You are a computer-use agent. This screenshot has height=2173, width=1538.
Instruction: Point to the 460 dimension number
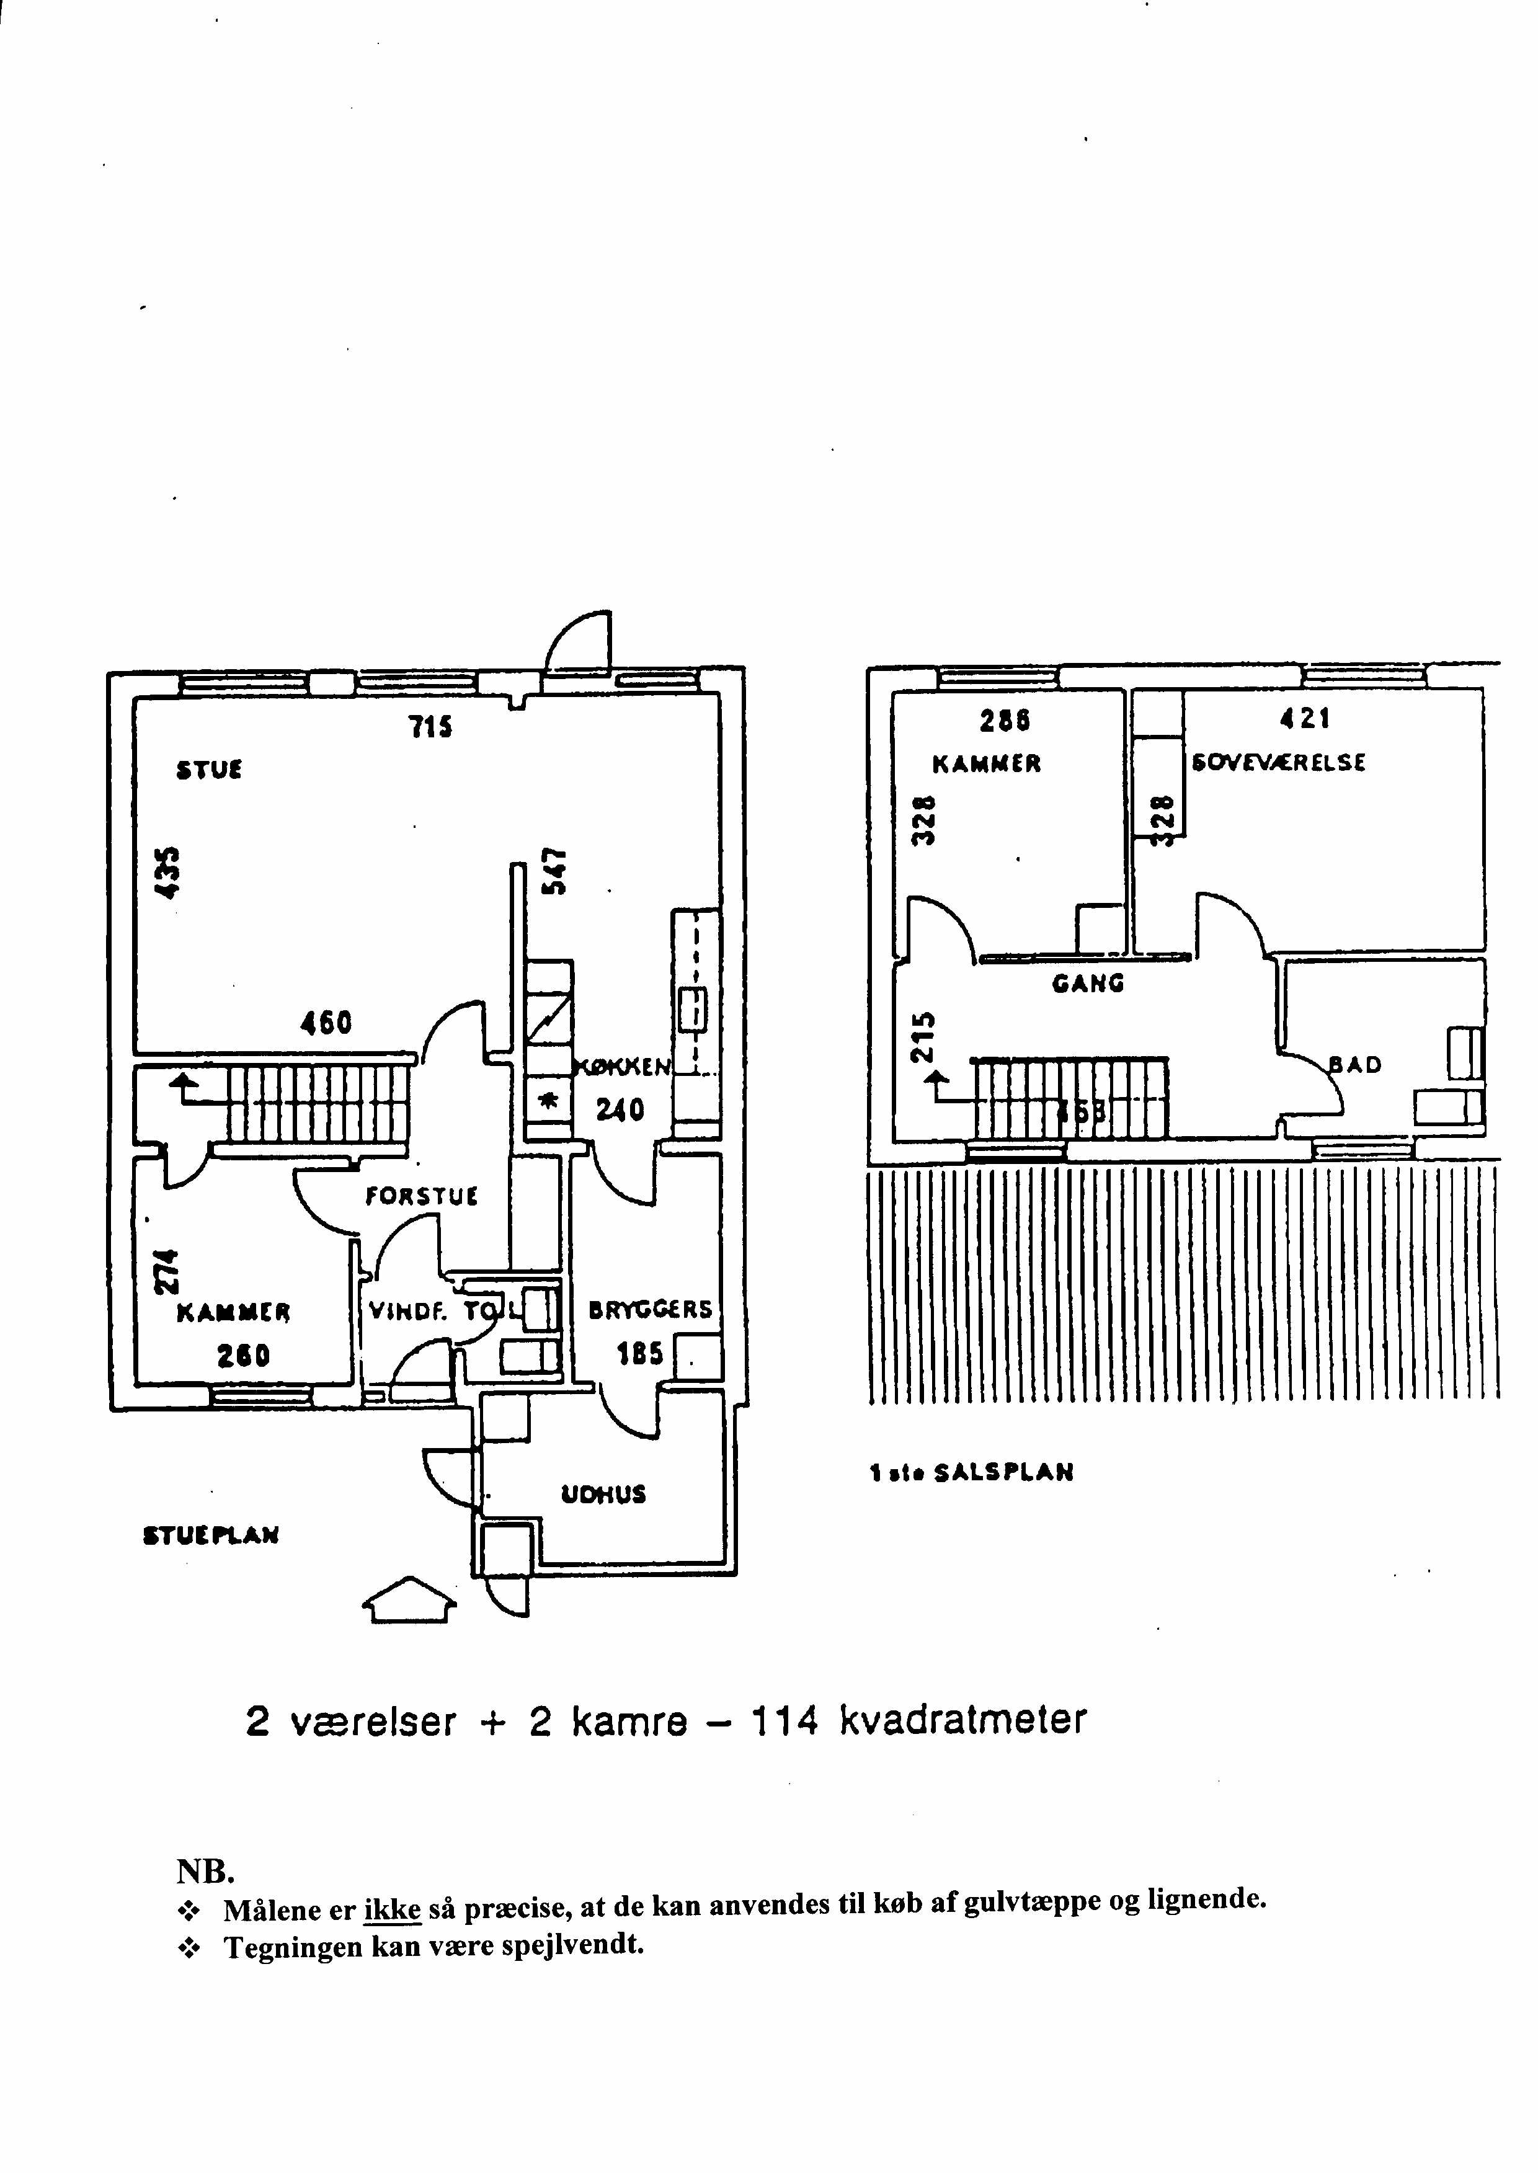(x=326, y=1023)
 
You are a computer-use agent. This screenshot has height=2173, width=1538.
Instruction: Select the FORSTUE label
(x=422, y=1196)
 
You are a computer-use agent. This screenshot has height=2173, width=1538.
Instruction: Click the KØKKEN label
(x=621, y=1068)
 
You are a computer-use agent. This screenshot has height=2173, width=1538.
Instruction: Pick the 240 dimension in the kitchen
(x=620, y=1109)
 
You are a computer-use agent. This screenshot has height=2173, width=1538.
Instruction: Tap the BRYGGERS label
(x=650, y=1310)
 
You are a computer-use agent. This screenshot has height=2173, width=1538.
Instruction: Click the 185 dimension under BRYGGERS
(x=639, y=1354)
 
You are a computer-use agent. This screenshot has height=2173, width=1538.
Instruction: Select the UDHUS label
(x=603, y=1494)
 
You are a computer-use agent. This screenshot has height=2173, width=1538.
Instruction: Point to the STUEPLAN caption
(x=210, y=1535)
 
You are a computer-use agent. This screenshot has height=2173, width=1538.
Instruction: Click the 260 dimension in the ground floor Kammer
(x=243, y=1356)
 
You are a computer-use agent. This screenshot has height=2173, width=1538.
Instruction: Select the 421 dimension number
(x=1305, y=719)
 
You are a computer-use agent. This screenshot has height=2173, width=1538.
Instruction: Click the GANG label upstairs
(x=1088, y=983)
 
